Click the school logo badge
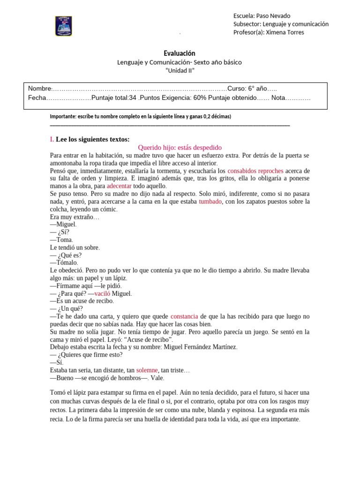[x=64, y=26]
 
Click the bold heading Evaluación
[x=180, y=53]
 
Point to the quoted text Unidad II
[x=180, y=70]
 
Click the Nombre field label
[x=39, y=89]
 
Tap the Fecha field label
[x=37, y=98]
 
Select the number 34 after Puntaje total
[x=132, y=98]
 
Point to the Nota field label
[x=278, y=98]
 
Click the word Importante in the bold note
[x=64, y=116]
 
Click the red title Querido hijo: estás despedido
[x=180, y=147]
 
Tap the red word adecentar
[x=119, y=186]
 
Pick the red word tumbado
[x=210, y=201]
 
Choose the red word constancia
[x=184, y=316]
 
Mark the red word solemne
[x=147, y=370]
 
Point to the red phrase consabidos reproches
[x=255, y=171]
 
